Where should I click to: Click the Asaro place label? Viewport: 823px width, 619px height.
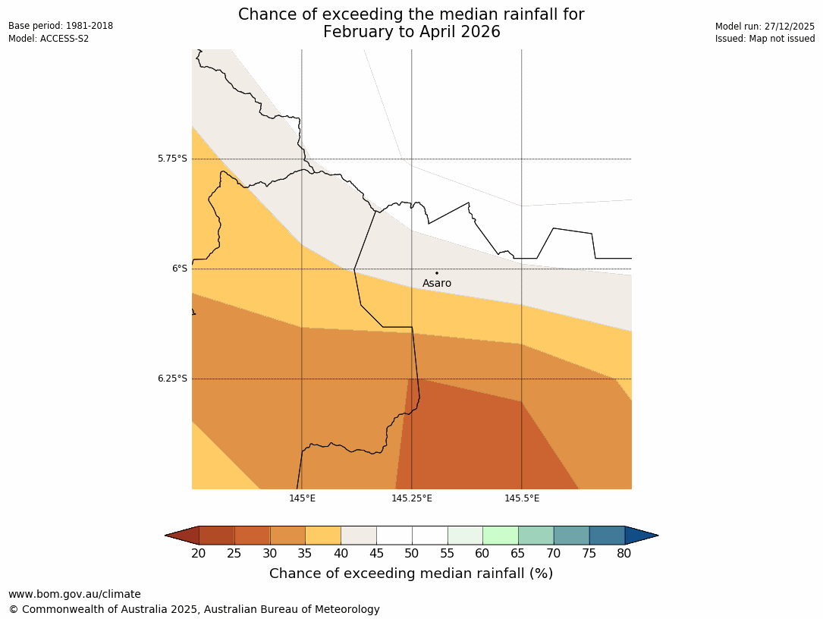[x=437, y=284]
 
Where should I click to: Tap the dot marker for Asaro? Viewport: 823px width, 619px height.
[x=437, y=273]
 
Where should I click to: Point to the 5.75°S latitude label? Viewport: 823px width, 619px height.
[x=172, y=159]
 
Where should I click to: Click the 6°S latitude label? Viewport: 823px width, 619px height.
[x=179, y=269]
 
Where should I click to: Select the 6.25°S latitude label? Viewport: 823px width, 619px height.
[x=172, y=379]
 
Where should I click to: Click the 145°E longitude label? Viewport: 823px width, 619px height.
[x=302, y=498]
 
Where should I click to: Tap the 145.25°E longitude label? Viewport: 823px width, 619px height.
[x=412, y=498]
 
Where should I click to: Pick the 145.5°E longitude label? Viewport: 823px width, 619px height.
[x=522, y=498]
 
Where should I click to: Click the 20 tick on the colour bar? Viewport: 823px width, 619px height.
[x=199, y=554]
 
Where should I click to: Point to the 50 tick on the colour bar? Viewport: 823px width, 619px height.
[x=412, y=554]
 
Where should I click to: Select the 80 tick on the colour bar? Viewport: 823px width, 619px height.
[x=624, y=554]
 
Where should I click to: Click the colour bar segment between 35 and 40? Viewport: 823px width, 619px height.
[x=323, y=536]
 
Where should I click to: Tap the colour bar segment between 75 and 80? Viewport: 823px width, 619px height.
[x=607, y=536]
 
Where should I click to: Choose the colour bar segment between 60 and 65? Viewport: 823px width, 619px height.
[x=501, y=536]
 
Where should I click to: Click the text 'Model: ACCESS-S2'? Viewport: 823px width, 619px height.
[x=49, y=39]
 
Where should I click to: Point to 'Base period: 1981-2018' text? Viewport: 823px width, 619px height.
[x=61, y=26]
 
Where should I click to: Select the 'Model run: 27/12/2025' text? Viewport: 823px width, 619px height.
[x=765, y=27]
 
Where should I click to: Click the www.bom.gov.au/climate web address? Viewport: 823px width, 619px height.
[x=74, y=594]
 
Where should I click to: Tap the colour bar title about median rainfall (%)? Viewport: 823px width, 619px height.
[x=411, y=573]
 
